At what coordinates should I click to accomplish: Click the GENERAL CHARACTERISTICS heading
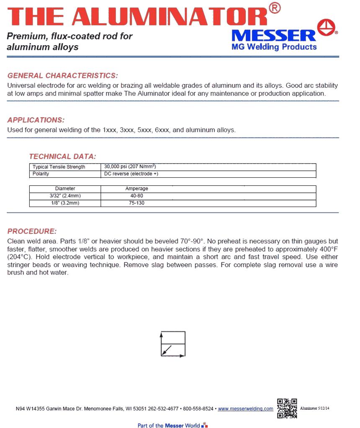pyautogui.click(x=63, y=76)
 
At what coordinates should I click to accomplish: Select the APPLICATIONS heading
pyautogui.click(x=36, y=120)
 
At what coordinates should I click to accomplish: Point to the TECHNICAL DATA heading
pyautogui.click(x=62, y=156)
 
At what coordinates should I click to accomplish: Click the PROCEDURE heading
pyautogui.click(x=32, y=231)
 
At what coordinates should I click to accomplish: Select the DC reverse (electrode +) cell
pyautogui.click(x=131, y=174)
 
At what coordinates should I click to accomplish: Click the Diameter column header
pyautogui.click(x=65, y=189)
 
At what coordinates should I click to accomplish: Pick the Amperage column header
pyautogui.click(x=136, y=189)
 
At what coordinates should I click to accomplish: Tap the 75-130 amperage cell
pyautogui.click(x=137, y=203)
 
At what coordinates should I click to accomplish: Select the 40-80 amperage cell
pyautogui.click(x=137, y=196)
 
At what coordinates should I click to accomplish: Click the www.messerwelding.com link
pyautogui.click(x=246, y=409)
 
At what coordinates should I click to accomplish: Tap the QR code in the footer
pyautogui.click(x=287, y=408)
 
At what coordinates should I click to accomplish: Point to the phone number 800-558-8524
pyautogui.click(x=198, y=409)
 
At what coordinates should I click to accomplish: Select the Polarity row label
pyautogui.click(x=41, y=174)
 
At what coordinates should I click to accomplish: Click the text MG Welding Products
pyautogui.click(x=274, y=47)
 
